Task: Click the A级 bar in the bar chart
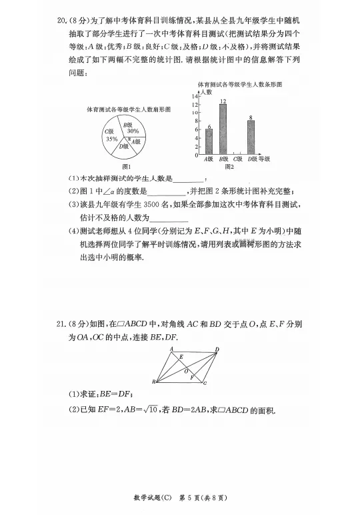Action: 209,141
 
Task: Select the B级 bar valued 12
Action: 223,130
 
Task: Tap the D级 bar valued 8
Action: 251,137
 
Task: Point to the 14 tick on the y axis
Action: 195,97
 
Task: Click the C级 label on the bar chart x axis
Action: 237,159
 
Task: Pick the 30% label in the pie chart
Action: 133,131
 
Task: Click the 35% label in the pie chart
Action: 111,139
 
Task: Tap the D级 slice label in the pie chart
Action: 124,146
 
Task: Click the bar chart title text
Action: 239,84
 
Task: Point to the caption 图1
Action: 125,166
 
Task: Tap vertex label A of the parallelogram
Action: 171,349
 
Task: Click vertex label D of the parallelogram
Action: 217,349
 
